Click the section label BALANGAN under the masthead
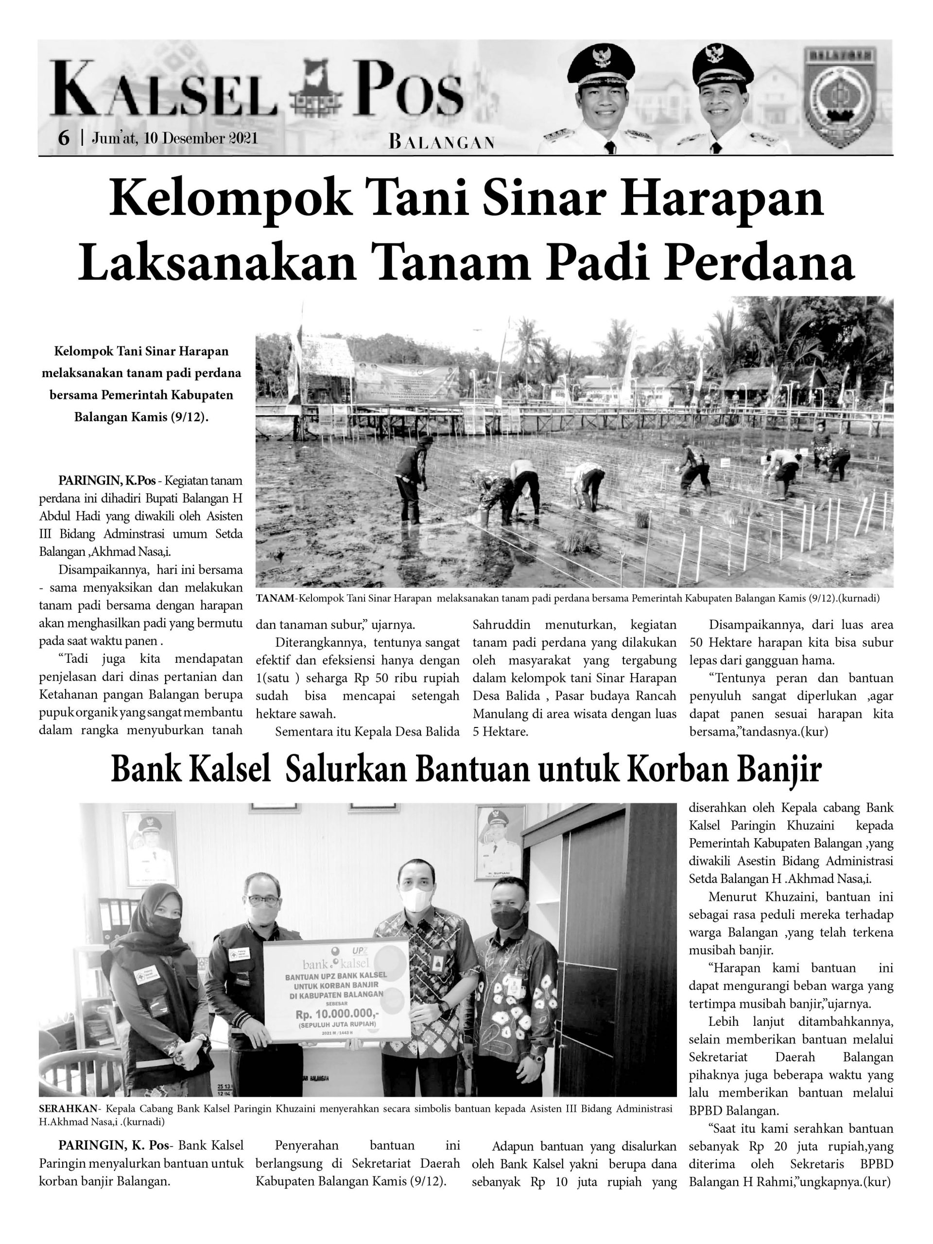click(441, 142)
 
